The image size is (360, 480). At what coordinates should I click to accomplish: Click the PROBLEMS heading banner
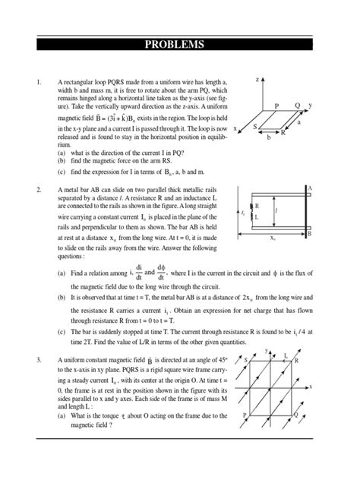(x=180, y=44)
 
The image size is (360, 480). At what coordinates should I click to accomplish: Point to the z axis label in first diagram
(x=257, y=79)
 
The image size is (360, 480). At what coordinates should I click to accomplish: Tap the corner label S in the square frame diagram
(x=246, y=358)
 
